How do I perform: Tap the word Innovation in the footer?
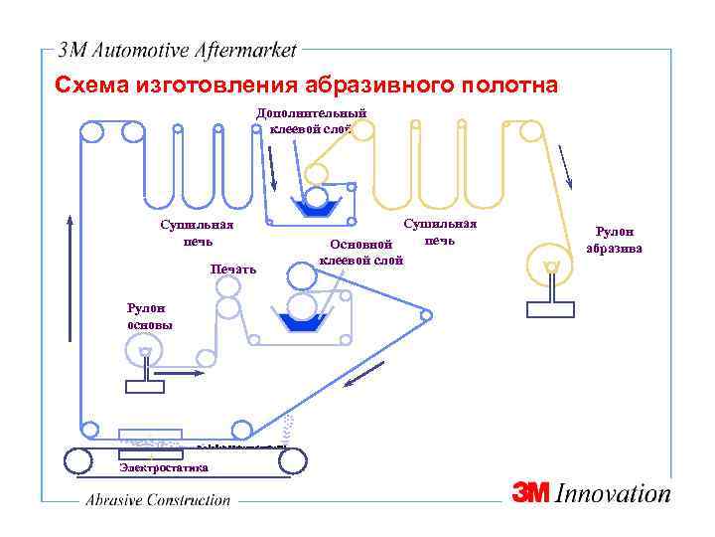(614, 493)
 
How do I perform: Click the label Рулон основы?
(149, 317)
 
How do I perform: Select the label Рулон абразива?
(615, 240)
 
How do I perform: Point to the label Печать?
(233, 268)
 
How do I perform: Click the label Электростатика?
(164, 466)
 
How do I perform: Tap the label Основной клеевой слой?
(361, 253)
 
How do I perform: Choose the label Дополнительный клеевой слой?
(312, 120)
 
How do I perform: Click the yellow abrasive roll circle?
(551, 266)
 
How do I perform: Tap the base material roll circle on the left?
(146, 351)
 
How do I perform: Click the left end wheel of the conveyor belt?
(75, 460)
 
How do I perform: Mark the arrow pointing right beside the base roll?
(185, 374)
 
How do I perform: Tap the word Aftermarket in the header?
(253, 50)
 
